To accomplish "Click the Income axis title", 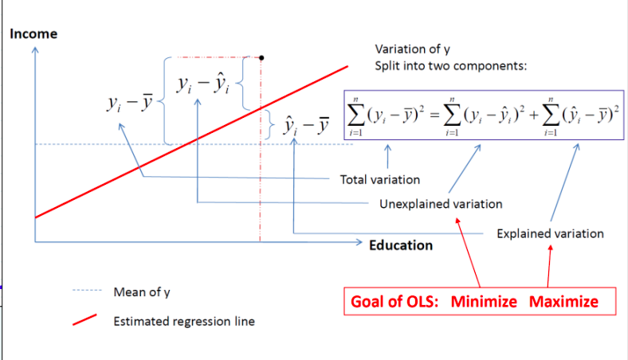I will [33, 34].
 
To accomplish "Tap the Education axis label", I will [401, 245].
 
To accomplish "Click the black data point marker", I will [263, 57].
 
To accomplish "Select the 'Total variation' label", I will [379, 179].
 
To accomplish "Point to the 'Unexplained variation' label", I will [441, 204].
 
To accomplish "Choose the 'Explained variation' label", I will [550, 233].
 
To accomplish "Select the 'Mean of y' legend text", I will [142, 292].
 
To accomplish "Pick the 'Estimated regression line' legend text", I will [184, 322].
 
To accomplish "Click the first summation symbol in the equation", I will [355, 115].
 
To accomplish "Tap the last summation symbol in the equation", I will [549, 115].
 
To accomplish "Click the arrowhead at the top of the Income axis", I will [34, 49].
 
